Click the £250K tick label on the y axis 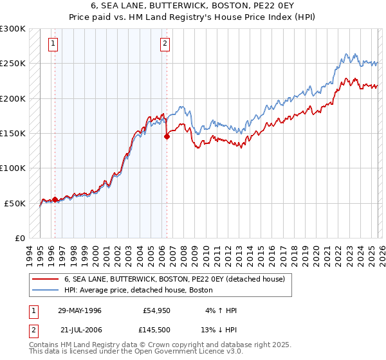[x=13, y=64]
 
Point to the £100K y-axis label [x=13, y=168]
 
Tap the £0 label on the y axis [x=20, y=238]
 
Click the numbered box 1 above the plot [x=52, y=44]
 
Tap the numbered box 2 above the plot [x=165, y=44]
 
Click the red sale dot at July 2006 [x=167, y=136]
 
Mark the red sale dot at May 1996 [x=55, y=199]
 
